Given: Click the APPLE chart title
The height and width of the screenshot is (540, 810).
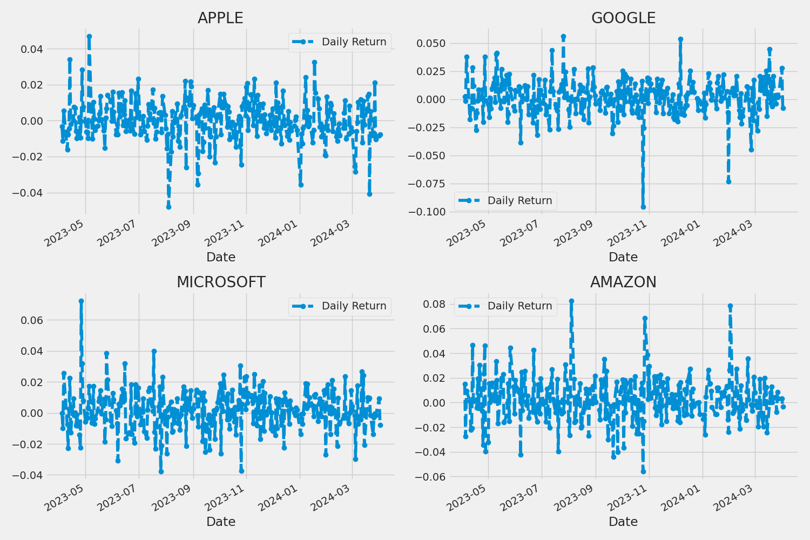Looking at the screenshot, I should coord(220,18).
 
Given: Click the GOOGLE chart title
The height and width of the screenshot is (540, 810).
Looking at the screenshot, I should coord(623,18).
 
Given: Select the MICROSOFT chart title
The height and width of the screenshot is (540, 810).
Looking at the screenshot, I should coord(221,282).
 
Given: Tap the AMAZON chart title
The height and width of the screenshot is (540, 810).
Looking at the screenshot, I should coord(623,282).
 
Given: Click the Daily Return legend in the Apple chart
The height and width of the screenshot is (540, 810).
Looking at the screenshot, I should coord(340,42).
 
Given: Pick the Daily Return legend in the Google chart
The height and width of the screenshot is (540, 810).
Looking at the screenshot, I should coord(505,201).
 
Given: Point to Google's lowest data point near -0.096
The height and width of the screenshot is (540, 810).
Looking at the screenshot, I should coord(643,207).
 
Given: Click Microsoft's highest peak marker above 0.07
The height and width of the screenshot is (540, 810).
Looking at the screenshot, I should coord(81,301).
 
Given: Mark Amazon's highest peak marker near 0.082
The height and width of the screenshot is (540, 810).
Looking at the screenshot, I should coord(571,301).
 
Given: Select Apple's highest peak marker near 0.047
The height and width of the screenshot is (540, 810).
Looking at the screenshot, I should coord(89,37).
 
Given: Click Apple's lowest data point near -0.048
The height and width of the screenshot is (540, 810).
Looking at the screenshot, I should coord(168,207).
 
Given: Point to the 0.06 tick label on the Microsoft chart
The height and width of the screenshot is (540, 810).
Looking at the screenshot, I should coord(31,320).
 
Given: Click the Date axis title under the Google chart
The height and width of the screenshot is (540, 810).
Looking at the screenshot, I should coord(623,257).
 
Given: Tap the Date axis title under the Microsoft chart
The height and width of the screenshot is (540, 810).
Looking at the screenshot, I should coord(221,522).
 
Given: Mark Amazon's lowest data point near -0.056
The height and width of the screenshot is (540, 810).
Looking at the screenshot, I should coord(643,471).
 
